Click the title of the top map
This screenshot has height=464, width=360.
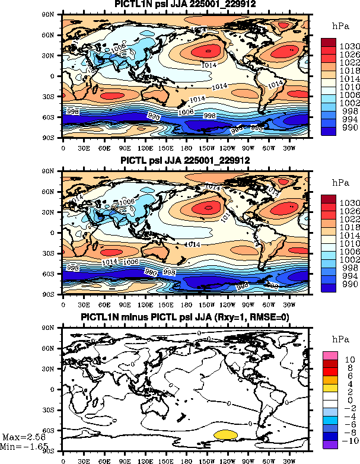pyautogui.click(x=185, y=5)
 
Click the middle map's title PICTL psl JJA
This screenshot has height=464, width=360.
pyautogui.click(x=185, y=161)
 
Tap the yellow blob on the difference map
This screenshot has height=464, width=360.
pyautogui.click(x=225, y=435)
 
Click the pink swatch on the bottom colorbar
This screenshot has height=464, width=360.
pyautogui.click(x=330, y=355)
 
